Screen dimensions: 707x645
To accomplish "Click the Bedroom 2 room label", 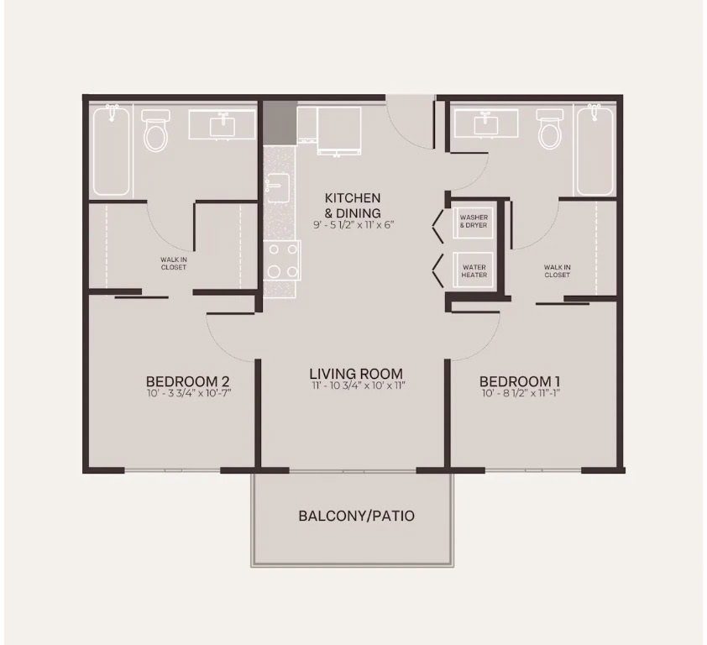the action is pos(188,381).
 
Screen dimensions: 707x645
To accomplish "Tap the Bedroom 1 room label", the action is pos(521,381).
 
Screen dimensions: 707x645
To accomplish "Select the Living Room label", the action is pos(356,374).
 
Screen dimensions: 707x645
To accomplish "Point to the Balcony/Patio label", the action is pos(356,516).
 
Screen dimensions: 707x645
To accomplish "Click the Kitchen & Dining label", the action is pos(353,205).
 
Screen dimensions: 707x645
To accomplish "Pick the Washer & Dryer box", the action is pos(474,222).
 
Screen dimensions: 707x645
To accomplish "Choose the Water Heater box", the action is pos(474,271).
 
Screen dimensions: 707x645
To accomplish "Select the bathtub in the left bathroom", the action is pos(111,150).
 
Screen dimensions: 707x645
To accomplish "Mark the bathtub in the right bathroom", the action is pos(595,150).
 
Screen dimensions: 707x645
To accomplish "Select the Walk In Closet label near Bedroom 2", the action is pos(174,264).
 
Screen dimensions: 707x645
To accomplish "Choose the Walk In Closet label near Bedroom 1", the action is pos(558,271).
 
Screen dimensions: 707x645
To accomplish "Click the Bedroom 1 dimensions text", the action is pos(521,393).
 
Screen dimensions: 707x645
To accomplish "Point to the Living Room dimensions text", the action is pos(359,385).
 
